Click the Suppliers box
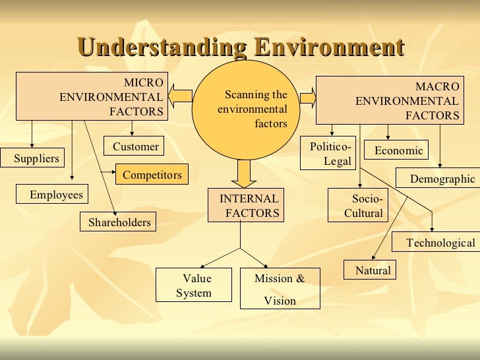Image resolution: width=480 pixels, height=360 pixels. pyautogui.click(x=36, y=158)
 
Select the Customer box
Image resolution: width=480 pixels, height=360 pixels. pyautogui.click(x=135, y=146)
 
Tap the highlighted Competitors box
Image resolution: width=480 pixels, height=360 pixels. pyautogui.click(x=152, y=175)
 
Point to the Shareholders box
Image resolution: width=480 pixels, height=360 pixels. pyautogui.click(x=119, y=222)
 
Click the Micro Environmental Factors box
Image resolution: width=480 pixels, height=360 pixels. pyautogui.click(x=92, y=97)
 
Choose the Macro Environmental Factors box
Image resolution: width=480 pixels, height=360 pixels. pyautogui.click(x=388, y=100)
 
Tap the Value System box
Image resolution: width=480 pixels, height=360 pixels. pyautogui.click(x=193, y=285)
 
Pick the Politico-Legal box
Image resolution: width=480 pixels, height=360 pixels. pyautogui.click(x=328, y=154)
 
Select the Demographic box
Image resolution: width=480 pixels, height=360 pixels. pyautogui.click(x=437, y=179)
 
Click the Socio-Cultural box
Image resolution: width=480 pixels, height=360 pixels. pyautogui.click(x=358, y=206)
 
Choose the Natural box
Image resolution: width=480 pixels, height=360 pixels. pyautogui.click(x=370, y=270)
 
